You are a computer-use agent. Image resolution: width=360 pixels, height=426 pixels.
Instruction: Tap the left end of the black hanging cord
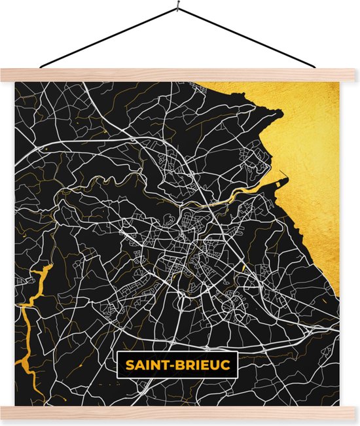click(x=41, y=67)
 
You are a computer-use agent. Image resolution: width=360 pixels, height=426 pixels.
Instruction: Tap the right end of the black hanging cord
click(x=319, y=67)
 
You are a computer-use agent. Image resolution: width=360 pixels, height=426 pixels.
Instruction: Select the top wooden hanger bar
click(x=180, y=75)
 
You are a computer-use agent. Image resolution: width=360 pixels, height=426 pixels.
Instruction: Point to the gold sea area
click(x=314, y=164)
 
